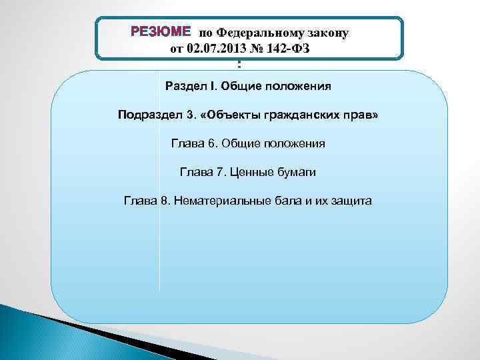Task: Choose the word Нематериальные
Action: (x=217, y=201)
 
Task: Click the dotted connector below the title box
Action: (x=239, y=65)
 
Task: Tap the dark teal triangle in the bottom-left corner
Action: (x=40, y=333)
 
